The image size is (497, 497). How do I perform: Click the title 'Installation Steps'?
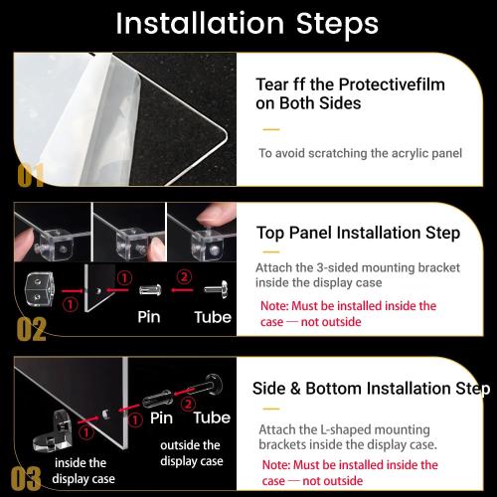click(248, 23)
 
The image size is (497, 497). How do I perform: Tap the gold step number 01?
click(31, 175)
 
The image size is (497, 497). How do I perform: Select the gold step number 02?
click(32, 329)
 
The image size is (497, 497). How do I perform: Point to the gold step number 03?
click(26, 478)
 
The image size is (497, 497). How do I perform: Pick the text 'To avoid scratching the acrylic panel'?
click(360, 153)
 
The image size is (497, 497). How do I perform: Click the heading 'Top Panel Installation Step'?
click(358, 233)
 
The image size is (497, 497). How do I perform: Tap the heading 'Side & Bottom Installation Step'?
click(371, 389)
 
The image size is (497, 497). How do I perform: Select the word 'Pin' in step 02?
click(149, 317)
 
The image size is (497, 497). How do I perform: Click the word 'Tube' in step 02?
click(213, 317)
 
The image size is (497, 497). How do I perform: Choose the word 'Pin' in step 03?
click(161, 418)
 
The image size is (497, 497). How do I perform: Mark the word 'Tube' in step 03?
click(212, 417)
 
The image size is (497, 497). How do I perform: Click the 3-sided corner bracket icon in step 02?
click(39, 289)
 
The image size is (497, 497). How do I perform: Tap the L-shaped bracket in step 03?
click(53, 431)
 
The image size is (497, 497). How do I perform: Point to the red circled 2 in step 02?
click(184, 277)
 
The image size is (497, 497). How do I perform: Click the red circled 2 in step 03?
click(188, 405)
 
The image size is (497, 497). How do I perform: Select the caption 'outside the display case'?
click(192, 453)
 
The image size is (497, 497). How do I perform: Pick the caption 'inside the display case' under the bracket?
click(83, 471)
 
